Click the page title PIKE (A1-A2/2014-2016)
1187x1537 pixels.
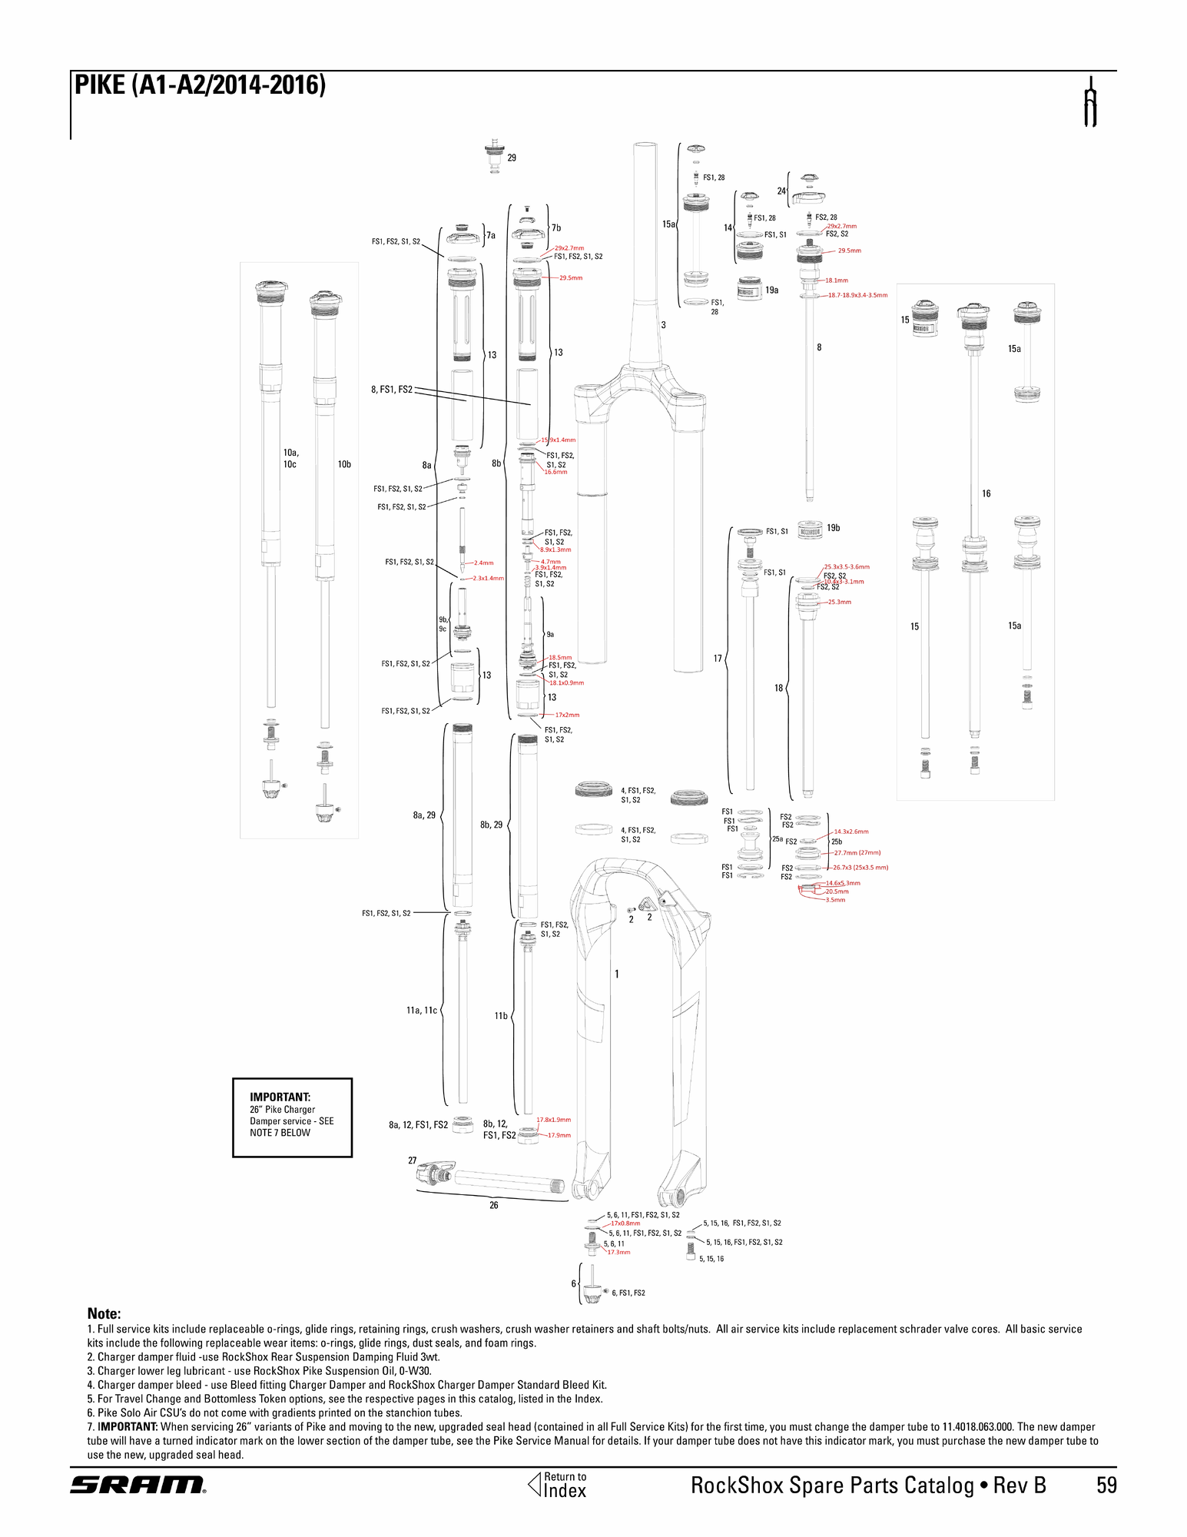click(x=200, y=85)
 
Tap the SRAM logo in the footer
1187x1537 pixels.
click(x=138, y=1485)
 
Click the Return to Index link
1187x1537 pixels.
click(x=558, y=1485)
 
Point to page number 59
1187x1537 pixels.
click(x=1106, y=1485)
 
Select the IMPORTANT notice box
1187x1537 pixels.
click(x=292, y=1117)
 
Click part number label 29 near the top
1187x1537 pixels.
click(x=512, y=158)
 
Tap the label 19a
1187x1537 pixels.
click(x=771, y=290)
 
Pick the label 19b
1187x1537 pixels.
click(x=833, y=528)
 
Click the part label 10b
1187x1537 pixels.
click(x=344, y=464)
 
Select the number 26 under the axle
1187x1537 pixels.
click(x=494, y=1205)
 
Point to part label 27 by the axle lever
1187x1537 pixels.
click(x=413, y=1160)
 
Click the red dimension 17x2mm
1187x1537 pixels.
click(x=567, y=715)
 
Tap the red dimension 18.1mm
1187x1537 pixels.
click(x=837, y=281)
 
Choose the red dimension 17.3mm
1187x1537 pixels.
click(x=618, y=1252)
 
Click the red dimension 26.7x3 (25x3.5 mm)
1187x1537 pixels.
click(x=860, y=868)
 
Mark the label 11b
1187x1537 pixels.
click(x=501, y=1016)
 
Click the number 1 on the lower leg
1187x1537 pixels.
click(x=617, y=974)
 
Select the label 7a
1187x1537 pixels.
click(x=491, y=235)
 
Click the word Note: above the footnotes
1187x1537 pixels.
click(x=104, y=1313)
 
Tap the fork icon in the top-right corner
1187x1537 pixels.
click(x=1089, y=102)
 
